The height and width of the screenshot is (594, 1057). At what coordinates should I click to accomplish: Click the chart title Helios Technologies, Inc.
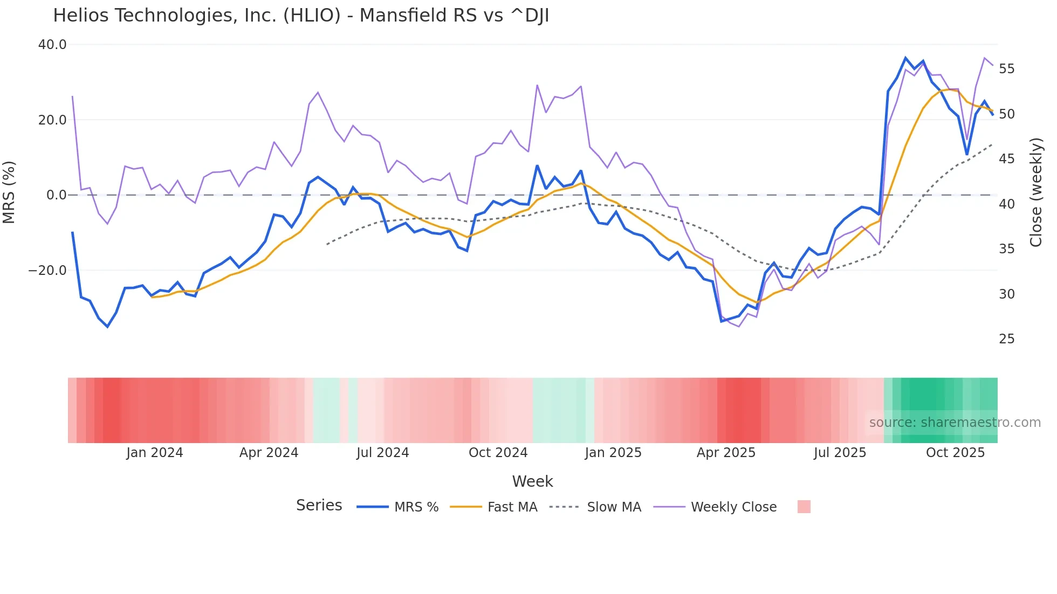click(x=300, y=16)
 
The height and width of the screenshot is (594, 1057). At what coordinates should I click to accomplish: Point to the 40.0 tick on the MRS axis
click(x=52, y=45)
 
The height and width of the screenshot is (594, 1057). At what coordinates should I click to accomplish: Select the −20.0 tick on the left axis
click(x=47, y=271)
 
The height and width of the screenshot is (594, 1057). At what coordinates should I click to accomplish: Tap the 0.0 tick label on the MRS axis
click(x=57, y=195)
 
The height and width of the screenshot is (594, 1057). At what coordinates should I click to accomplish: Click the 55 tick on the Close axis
click(x=1006, y=69)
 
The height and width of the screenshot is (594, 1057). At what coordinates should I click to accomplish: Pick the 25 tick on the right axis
click(x=1006, y=339)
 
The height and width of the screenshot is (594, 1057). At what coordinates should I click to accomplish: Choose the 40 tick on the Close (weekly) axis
click(x=1006, y=204)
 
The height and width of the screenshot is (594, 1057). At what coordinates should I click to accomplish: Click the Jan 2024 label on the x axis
click(x=155, y=453)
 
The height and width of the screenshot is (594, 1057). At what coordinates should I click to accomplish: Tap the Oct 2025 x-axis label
click(x=955, y=453)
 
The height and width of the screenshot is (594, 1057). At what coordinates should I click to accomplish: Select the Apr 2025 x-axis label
click(x=726, y=453)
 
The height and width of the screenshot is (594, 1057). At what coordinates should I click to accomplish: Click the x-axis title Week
click(x=532, y=481)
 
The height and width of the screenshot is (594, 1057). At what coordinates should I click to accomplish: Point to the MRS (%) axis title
click(x=9, y=192)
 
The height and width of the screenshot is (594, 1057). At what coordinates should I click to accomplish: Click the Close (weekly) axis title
click(x=1035, y=192)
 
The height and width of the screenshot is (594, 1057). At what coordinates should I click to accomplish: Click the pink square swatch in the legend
click(x=804, y=507)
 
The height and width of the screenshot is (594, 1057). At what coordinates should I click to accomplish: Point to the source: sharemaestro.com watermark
click(x=955, y=423)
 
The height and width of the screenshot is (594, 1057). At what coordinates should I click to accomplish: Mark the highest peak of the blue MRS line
click(x=905, y=58)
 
